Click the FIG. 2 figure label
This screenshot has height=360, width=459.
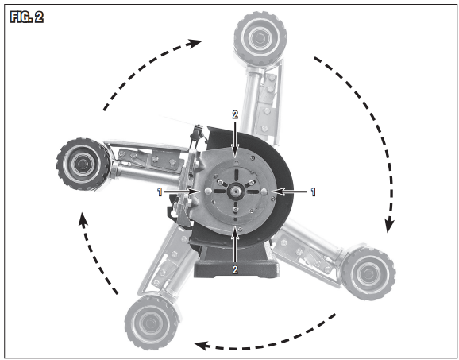[27, 17]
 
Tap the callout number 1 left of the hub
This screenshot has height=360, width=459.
[160, 192]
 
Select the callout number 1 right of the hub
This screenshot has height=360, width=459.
[313, 192]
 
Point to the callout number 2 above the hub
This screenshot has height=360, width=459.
[235, 114]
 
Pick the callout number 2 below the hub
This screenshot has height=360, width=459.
[235, 269]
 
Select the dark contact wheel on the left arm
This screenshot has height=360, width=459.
[83, 164]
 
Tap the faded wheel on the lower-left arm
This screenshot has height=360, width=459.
[152, 323]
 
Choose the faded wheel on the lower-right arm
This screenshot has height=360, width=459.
[368, 274]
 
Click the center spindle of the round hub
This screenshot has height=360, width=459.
[235, 192]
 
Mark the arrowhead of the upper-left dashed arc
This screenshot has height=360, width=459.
[195, 43]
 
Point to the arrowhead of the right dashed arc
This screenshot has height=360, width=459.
[389, 224]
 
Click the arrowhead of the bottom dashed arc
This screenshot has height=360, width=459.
[202, 346]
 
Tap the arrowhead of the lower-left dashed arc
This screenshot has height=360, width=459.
[83, 220]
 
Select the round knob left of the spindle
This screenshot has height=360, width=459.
[208, 191]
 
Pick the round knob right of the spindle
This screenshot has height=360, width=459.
[264, 192]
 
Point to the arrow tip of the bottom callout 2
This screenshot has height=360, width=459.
[235, 226]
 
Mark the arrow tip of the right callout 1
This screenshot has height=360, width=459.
[273, 192]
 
